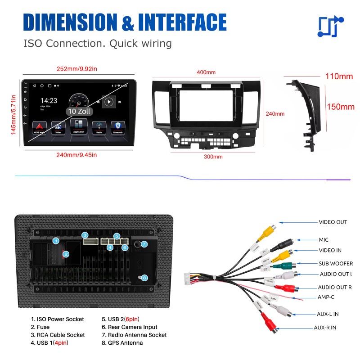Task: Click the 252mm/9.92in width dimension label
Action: pos(76,69)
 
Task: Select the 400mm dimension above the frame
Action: pos(206,72)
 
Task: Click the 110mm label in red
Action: pos(339,76)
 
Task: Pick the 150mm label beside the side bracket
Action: pos(340,107)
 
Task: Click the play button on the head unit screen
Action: pos(108,102)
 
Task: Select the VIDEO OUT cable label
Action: pos(333,222)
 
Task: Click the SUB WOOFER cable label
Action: pos(336,263)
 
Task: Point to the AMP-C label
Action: pos(326,297)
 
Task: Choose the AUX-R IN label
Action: pos(325,328)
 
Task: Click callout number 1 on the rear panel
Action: pos(56,241)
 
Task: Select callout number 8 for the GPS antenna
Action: pos(144,278)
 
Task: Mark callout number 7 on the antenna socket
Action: pos(144,244)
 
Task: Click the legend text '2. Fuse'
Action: pos(40,327)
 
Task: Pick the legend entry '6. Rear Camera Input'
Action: pos(129,327)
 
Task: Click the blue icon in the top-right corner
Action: pos(330,27)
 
